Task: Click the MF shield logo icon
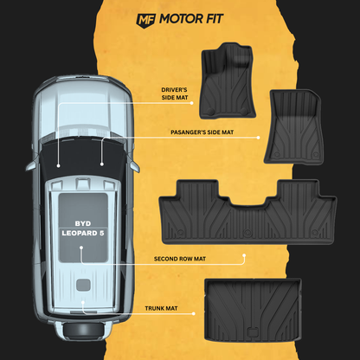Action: point(146,21)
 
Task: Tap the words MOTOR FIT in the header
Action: point(191,19)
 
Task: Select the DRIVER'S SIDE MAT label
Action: point(174,93)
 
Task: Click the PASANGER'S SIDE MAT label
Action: point(202,132)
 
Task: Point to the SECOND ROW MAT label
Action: point(180,259)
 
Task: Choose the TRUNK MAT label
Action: point(161,308)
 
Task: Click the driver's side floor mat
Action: point(228,80)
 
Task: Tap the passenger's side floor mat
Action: point(294,127)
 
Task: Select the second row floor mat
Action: point(247,212)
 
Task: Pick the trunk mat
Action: point(253,310)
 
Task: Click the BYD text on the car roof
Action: point(83,223)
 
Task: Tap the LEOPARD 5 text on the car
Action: point(83,233)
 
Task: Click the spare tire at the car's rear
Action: point(83,330)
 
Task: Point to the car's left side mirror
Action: point(32,165)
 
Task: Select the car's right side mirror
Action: point(134,165)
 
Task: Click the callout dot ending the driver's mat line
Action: point(192,103)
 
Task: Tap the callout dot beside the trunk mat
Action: point(194,313)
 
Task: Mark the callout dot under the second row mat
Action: point(244,255)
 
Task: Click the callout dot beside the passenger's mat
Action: point(258,138)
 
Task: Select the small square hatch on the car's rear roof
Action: point(83,285)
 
